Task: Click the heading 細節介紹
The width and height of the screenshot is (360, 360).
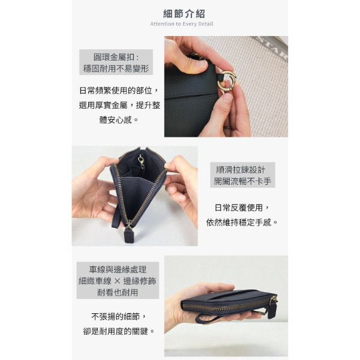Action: point(184,14)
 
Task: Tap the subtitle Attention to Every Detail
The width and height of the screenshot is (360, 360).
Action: point(182,24)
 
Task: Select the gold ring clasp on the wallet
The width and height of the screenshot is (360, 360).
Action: point(227,80)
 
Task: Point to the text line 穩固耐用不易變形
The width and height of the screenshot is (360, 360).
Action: point(116,68)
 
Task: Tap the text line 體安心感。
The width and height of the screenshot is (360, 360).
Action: point(119,119)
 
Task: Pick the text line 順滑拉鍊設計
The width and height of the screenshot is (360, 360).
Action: point(241,170)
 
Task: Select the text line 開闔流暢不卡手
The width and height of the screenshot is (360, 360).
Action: point(242,181)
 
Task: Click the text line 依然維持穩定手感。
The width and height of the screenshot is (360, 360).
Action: point(242,222)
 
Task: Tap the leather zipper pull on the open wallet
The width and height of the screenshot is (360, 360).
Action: point(128,235)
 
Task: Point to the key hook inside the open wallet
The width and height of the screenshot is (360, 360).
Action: point(141,161)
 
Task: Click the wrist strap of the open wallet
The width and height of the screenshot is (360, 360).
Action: point(116,217)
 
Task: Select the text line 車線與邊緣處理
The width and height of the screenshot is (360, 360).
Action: point(118,269)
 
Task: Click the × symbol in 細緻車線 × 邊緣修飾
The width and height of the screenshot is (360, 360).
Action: point(118,281)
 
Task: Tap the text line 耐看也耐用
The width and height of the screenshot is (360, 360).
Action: point(118,293)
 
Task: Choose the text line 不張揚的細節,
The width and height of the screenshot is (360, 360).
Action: point(119,317)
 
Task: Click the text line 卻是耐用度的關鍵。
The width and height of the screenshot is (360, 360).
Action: point(119,331)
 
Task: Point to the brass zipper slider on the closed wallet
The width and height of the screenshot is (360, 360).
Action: point(273,300)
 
